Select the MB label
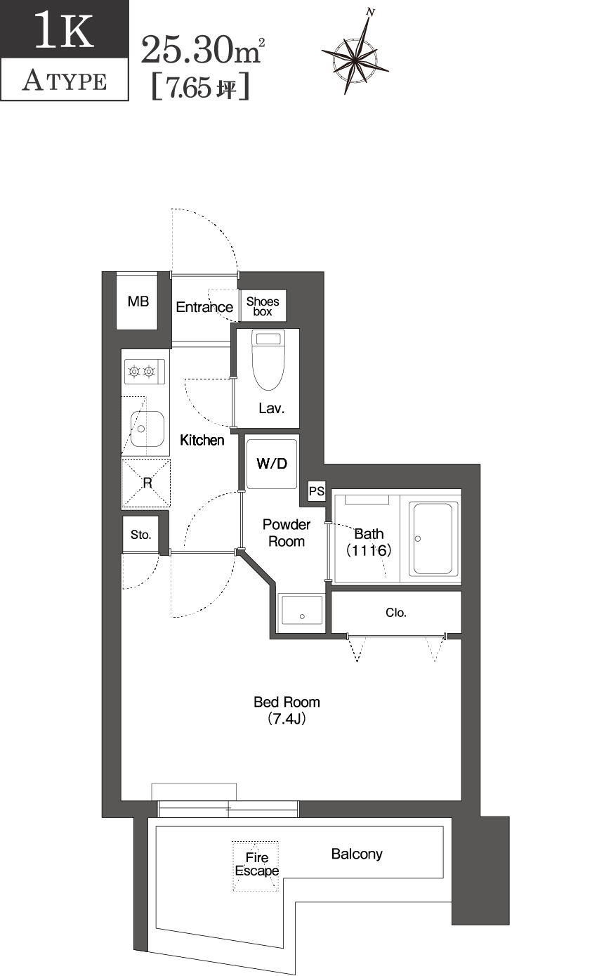pos(138,301)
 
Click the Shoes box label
pos(263,306)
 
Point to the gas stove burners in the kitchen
pos(143,371)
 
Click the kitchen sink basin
pos(147,428)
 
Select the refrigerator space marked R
pos(147,483)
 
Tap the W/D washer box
pos(272,463)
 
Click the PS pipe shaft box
pos(317,491)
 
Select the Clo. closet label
pos(396,613)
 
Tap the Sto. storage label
pos(140,535)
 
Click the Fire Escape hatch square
pos(256,866)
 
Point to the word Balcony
pos(357,854)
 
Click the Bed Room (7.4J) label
pos(287,710)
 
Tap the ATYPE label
pos(65,82)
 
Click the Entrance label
pos(204,307)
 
